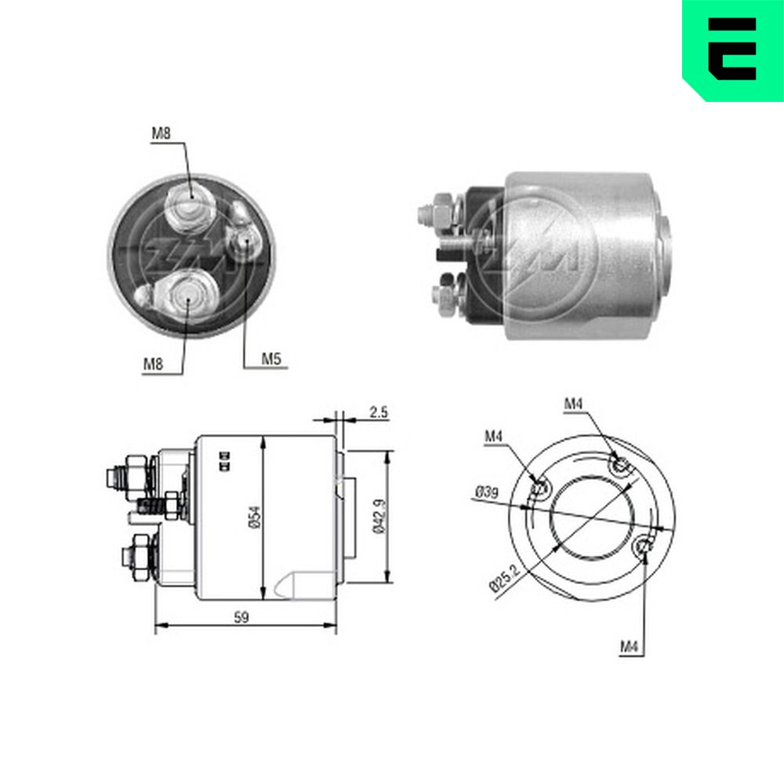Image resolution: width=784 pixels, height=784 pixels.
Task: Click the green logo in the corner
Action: pos(733,50)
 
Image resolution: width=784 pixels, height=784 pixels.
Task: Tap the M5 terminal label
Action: pos(271,358)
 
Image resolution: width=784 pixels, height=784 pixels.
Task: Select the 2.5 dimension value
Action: pos(379,412)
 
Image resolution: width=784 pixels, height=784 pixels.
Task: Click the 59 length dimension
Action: pos(241,618)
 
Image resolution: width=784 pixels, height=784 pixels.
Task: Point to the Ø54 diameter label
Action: pos(255,517)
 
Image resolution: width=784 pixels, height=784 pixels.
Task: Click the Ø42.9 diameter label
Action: pos(379,516)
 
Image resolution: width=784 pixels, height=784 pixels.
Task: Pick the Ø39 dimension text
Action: pos(487,492)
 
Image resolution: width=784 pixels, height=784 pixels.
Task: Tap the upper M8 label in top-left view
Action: pos(161,133)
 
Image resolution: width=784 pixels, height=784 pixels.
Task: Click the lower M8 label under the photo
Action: pos(153,364)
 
